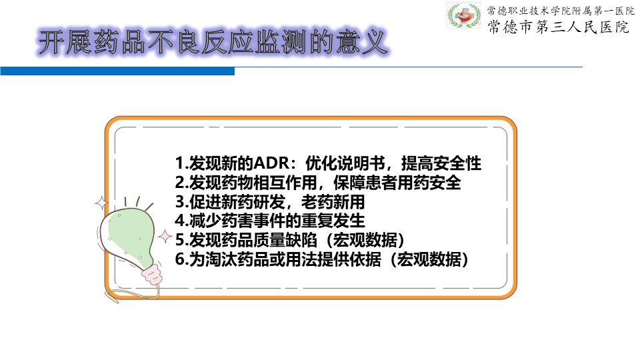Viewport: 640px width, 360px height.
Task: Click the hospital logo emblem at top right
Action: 464,15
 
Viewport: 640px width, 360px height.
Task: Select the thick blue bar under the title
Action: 117,71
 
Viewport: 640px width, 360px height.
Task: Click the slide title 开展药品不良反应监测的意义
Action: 212,42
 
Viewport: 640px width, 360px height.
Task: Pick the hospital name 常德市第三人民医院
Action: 559,27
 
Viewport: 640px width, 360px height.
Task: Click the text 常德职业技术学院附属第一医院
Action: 561,10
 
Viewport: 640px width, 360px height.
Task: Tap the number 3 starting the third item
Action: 179,202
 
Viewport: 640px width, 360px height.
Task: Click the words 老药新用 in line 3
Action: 333,202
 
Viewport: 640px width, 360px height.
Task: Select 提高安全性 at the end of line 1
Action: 441,163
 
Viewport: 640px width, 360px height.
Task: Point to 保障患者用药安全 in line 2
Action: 397,183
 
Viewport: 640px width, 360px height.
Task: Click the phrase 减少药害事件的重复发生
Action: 277,221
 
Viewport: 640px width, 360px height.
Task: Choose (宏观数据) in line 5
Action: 365,240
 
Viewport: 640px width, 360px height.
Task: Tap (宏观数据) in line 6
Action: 429,259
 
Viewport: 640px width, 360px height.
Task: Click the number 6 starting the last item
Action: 179,259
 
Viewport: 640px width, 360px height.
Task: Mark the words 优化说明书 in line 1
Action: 345,163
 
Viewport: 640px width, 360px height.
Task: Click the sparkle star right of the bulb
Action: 165,237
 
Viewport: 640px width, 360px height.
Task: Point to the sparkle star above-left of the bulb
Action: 101,203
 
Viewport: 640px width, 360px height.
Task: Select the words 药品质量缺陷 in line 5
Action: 269,240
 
